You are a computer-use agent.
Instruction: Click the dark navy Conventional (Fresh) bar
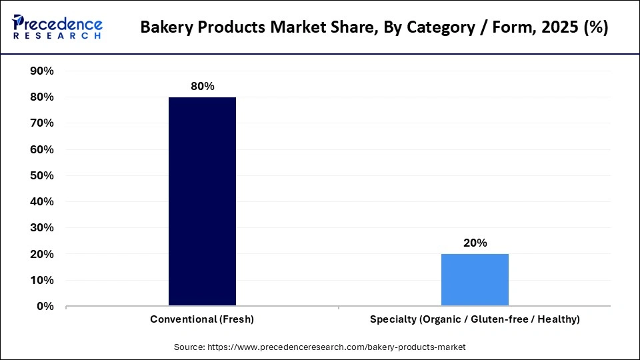(x=202, y=201)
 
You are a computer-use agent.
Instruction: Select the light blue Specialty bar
(x=475, y=280)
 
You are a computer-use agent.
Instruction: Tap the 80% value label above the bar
(x=202, y=87)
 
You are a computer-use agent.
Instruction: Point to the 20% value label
(x=475, y=243)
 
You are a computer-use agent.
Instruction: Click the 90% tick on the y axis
(x=42, y=71)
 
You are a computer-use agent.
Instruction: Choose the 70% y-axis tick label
(x=42, y=123)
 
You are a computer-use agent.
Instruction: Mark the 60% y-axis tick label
(x=42, y=149)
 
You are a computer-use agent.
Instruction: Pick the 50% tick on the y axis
(x=42, y=175)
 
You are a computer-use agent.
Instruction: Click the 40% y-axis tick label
(x=42, y=201)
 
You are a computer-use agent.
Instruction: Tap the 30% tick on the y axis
(x=42, y=228)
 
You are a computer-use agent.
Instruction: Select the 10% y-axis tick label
(x=42, y=280)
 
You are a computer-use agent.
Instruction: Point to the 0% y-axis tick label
(x=45, y=307)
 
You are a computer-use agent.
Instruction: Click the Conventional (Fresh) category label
(x=202, y=319)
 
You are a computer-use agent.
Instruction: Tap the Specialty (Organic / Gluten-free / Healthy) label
(x=475, y=319)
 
